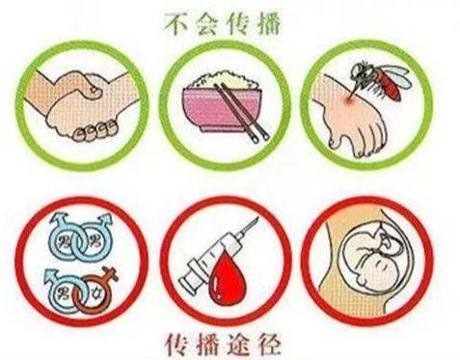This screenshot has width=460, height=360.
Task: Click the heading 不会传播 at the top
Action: pyautogui.click(x=223, y=23)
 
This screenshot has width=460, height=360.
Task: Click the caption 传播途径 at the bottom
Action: pyautogui.click(x=223, y=345)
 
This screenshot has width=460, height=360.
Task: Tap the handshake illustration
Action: pyautogui.click(x=83, y=104)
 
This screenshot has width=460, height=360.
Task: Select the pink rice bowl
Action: pyautogui.click(x=223, y=109)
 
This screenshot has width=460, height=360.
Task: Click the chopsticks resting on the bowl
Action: pyautogui.click(x=242, y=113)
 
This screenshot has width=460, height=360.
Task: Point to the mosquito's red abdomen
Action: pyautogui.click(x=390, y=85)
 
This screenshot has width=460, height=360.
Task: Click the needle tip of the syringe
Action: pyautogui.click(x=257, y=219)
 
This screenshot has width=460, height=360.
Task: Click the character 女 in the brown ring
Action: pyautogui.click(x=96, y=293)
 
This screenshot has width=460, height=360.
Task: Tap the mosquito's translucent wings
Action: pyautogui.click(x=396, y=74)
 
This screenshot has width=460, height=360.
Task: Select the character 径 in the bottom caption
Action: pyautogui.click(x=269, y=345)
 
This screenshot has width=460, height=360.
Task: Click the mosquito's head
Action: pyautogui.click(x=358, y=69)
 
